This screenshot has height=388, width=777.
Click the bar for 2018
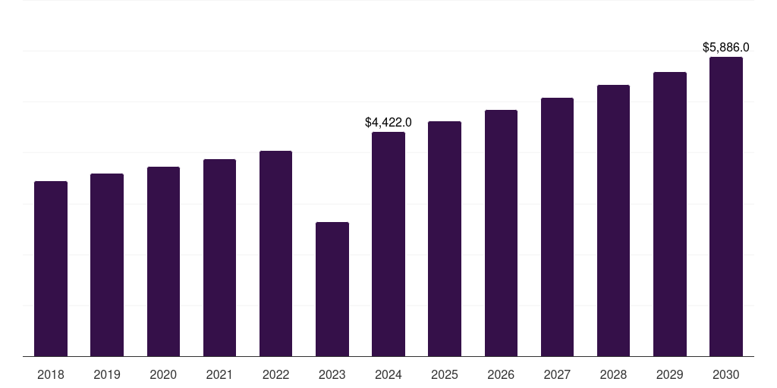[51, 268]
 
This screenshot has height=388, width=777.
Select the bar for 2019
[107, 264]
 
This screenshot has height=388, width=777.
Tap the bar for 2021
[219, 258]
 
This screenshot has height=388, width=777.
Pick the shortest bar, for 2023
[332, 289]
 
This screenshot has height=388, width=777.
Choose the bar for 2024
[388, 244]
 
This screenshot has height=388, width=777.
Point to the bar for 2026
[501, 233]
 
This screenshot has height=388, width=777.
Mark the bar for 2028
[613, 221]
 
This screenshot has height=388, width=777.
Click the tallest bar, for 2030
[726, 206]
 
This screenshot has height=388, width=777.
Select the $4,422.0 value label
[388, 122]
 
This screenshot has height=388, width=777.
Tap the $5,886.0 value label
[726, 47]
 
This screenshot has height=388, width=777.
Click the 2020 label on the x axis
[163, 374]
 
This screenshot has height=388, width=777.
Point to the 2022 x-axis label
[275, 374]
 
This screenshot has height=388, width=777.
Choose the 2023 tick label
[332, 374]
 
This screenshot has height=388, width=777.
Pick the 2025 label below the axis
[445, 374]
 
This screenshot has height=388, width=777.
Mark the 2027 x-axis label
[557, 374]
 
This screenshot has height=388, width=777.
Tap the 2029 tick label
[669, 374]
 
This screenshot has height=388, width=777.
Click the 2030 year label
[726, 374]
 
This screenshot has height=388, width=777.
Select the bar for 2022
[275, 253]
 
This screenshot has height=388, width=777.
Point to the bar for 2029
[669, 214]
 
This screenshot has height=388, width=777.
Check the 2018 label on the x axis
[51, 374]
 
